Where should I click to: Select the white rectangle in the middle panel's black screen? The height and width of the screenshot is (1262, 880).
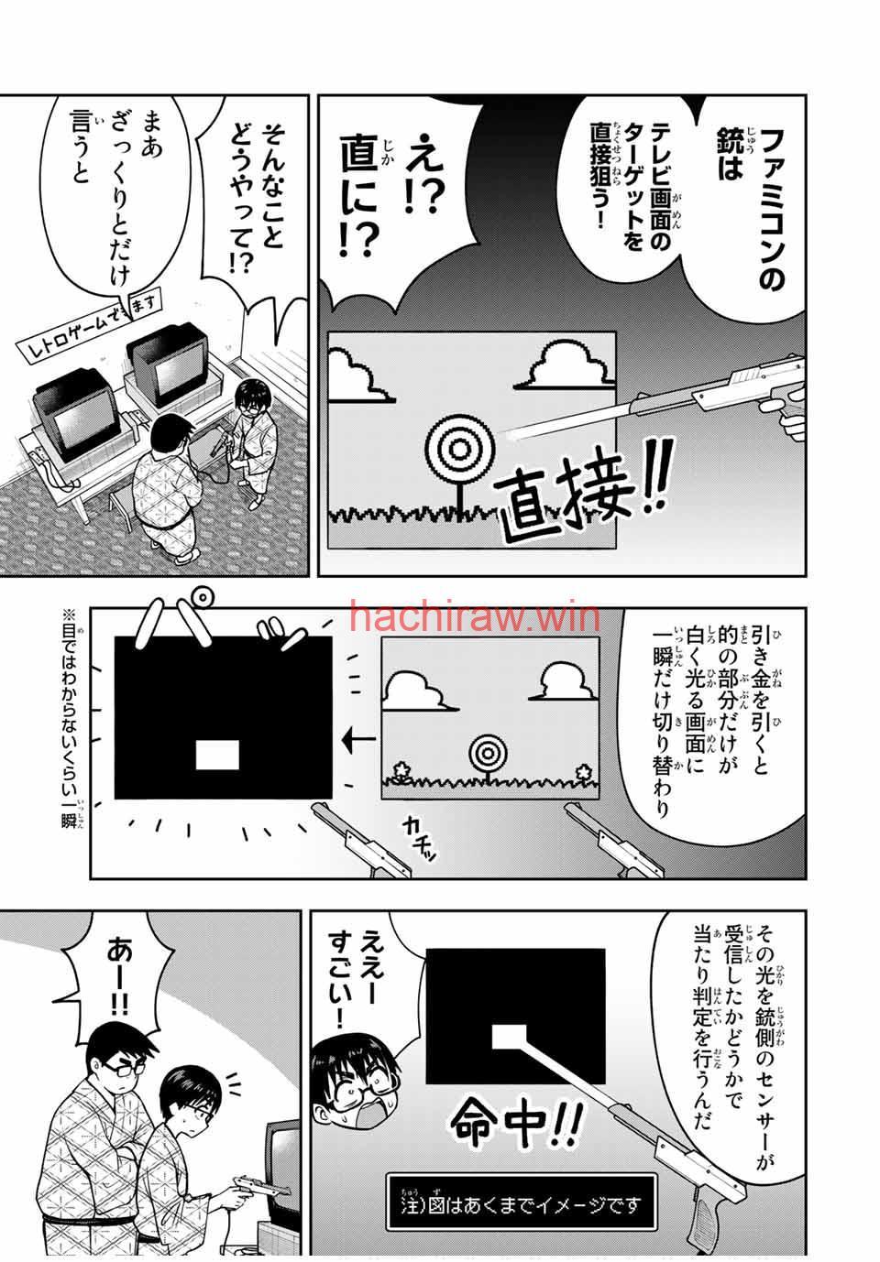coord(217,755)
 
